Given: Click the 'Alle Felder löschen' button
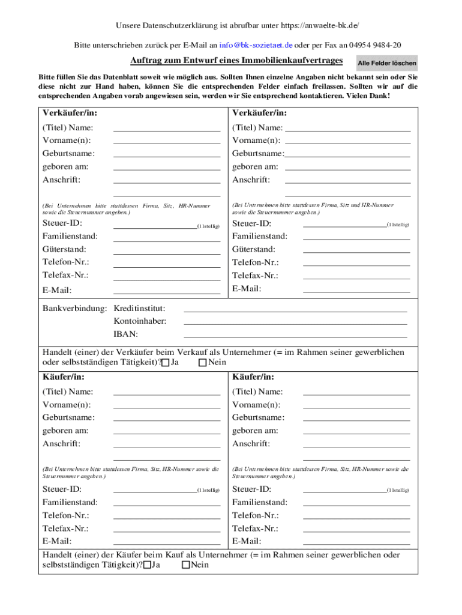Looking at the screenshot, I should tap(387, 63).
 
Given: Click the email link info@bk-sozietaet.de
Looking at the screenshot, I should tap(256, 45).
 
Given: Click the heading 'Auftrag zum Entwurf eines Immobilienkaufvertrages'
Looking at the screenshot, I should tap(236, 61).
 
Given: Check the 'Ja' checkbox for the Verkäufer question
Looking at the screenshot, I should tap(166, 363).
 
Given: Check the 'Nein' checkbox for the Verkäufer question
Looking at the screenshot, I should tap(202, 363).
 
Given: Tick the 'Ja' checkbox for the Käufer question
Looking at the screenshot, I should tap(147, 565).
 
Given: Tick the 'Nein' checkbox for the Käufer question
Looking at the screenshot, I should tap(186, 565).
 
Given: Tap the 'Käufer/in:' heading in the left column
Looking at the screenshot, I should tap(63, 377).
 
